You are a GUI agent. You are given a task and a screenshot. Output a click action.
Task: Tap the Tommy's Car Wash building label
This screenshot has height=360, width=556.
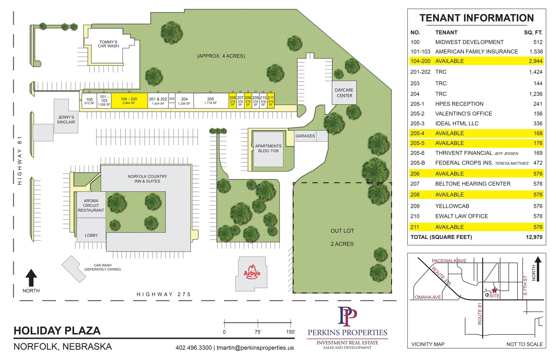click(x=108, y=44)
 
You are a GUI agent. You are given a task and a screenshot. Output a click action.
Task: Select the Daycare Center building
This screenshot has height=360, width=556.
click(x=344, y=93)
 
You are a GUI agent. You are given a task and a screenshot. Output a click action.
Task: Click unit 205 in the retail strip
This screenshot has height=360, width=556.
click(x=211, y=101)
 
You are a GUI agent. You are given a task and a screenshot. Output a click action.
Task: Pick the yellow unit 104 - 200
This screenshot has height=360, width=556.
click(x=129, y=101)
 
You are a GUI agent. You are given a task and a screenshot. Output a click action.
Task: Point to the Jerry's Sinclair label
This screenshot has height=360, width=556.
click(x=66, y=120)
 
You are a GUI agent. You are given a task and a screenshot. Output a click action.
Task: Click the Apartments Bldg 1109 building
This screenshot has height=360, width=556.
click(x=268, y=148)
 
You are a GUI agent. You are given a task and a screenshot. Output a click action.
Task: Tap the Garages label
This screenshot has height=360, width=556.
click(x=305, y=136)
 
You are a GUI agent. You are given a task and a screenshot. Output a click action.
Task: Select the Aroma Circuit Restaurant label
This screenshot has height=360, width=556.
click(x=91, y=205)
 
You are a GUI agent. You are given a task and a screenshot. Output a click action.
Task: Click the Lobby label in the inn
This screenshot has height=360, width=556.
click(x=91, y=235)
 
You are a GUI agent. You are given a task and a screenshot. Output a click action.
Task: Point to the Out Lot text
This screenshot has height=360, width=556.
click(x=342, y=231)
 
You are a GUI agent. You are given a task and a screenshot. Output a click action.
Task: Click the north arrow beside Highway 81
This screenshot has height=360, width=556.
click(x=31, y=278)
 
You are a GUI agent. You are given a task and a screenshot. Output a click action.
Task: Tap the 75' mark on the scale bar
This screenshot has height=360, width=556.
click(x=258, y=332)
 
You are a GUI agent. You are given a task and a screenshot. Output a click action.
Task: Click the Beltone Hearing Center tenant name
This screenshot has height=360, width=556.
click(x=473, y=184)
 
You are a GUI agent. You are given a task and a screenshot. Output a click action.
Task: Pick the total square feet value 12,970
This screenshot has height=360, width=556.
click(x=534, y=237)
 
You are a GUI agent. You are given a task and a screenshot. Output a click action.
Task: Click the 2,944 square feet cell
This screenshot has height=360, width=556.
click(x=535, y=61)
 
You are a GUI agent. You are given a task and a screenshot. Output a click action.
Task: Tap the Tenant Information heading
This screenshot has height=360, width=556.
click(x=476, y=18)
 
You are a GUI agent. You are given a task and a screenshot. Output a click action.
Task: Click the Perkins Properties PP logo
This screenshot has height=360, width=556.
click(x=347, y=317)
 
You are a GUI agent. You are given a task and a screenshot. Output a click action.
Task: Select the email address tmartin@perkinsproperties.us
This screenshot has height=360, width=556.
click(x=255, y=348)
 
